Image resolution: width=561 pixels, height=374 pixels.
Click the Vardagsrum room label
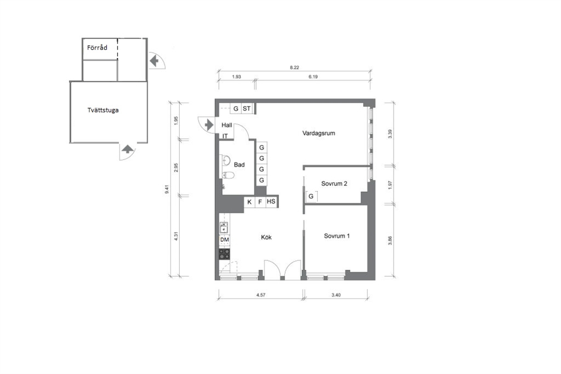point(318,133)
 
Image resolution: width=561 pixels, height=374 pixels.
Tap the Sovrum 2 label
point(334,184)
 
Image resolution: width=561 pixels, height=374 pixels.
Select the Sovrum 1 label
point(336,236)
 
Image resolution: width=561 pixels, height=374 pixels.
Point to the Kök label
point(266,237)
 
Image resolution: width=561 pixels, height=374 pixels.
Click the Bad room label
point(239,165)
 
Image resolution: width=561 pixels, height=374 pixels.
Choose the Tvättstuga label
point(103,110)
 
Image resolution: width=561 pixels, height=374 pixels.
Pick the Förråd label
point(97,47)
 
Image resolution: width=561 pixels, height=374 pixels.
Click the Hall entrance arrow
point(209,125)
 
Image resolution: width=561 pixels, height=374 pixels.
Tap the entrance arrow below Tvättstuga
point(127,149)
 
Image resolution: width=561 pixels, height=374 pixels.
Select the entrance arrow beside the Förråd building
point(154,61)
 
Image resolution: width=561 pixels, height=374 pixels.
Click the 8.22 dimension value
point(295,67)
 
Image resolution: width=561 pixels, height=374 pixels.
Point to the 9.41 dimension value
point(166,189)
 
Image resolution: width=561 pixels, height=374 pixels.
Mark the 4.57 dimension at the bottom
point(261,295)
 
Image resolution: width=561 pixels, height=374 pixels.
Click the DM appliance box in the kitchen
point(225,240)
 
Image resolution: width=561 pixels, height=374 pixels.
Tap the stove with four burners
point(225,254)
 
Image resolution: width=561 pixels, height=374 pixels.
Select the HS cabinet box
point(271,202)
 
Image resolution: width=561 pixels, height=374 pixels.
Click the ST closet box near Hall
point(247,108)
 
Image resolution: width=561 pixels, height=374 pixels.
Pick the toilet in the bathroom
point(228,175)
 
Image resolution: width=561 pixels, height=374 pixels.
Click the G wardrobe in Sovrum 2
point(311,196)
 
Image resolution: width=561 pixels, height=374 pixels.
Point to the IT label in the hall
point(225,136)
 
